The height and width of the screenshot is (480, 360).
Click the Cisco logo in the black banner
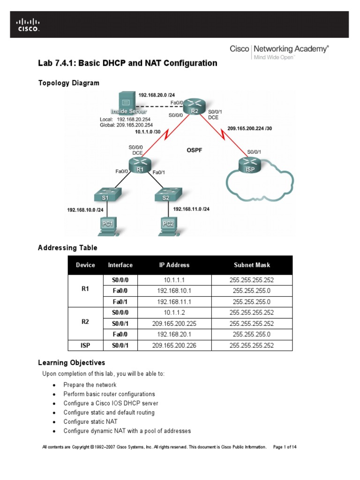(29, 24)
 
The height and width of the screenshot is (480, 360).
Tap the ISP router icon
(250, 166)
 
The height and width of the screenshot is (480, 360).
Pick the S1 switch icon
(105, 196)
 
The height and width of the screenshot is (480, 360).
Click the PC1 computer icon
(107, 225)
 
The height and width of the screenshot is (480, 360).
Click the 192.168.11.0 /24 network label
(191, 209)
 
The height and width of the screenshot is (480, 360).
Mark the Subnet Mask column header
(252, 265)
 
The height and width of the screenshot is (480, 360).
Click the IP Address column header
(174, 265)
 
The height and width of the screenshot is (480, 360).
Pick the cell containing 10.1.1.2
(174, 313)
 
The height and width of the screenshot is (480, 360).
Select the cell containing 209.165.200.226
(174, 346)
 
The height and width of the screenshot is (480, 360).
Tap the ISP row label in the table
(85, 346)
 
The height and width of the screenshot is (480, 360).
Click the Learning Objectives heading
(71, 363)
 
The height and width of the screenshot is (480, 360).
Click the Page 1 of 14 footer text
(285, 447)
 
